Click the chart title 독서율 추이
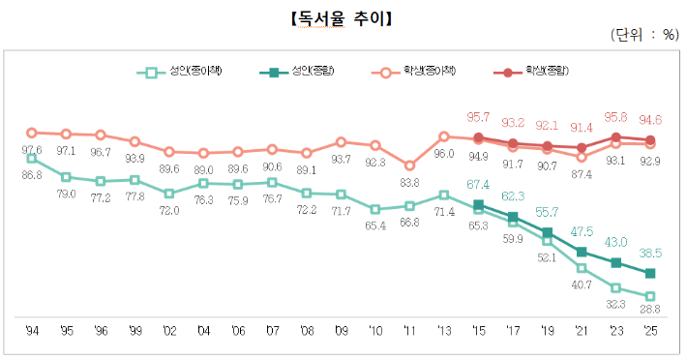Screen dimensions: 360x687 (340, 17)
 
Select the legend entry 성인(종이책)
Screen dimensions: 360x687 (183, 72)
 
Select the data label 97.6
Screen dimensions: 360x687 (31, 150)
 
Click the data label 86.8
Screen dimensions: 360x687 (31, 176)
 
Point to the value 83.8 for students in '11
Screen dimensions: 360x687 (409, 182)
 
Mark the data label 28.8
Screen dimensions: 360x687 (650, 311)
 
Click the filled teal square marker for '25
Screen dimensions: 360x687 (650, 273)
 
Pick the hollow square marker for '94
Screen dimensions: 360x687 (31, 158)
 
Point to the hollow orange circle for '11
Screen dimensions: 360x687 (409, 165)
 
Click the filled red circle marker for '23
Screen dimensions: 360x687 (616, 137)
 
